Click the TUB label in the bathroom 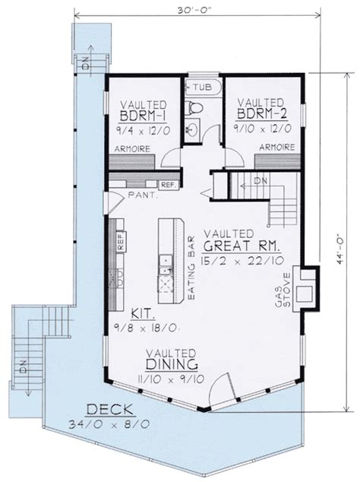tap(203, 87)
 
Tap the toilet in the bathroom tap(194, 108)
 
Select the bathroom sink tap(193, 128)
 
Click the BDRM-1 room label tap(143, 116)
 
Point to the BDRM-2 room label tap(262, 114)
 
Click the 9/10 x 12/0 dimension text tap(263, 128)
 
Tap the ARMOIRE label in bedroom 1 tap(132, 149)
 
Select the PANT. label tap(143, 195)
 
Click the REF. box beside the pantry tap(169, 185)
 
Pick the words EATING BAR tap(191, 268)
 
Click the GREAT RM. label tap(242, 246)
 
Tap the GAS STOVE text tap(283, 290)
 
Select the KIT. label tap(143, 314)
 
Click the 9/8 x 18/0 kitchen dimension tap(146, 328)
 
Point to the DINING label tap(172, 364)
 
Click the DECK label tap(110, 410)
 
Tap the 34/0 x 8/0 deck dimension tap(109, 424)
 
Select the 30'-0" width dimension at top tap(194, 10)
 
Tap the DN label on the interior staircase tap(261, 181)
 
